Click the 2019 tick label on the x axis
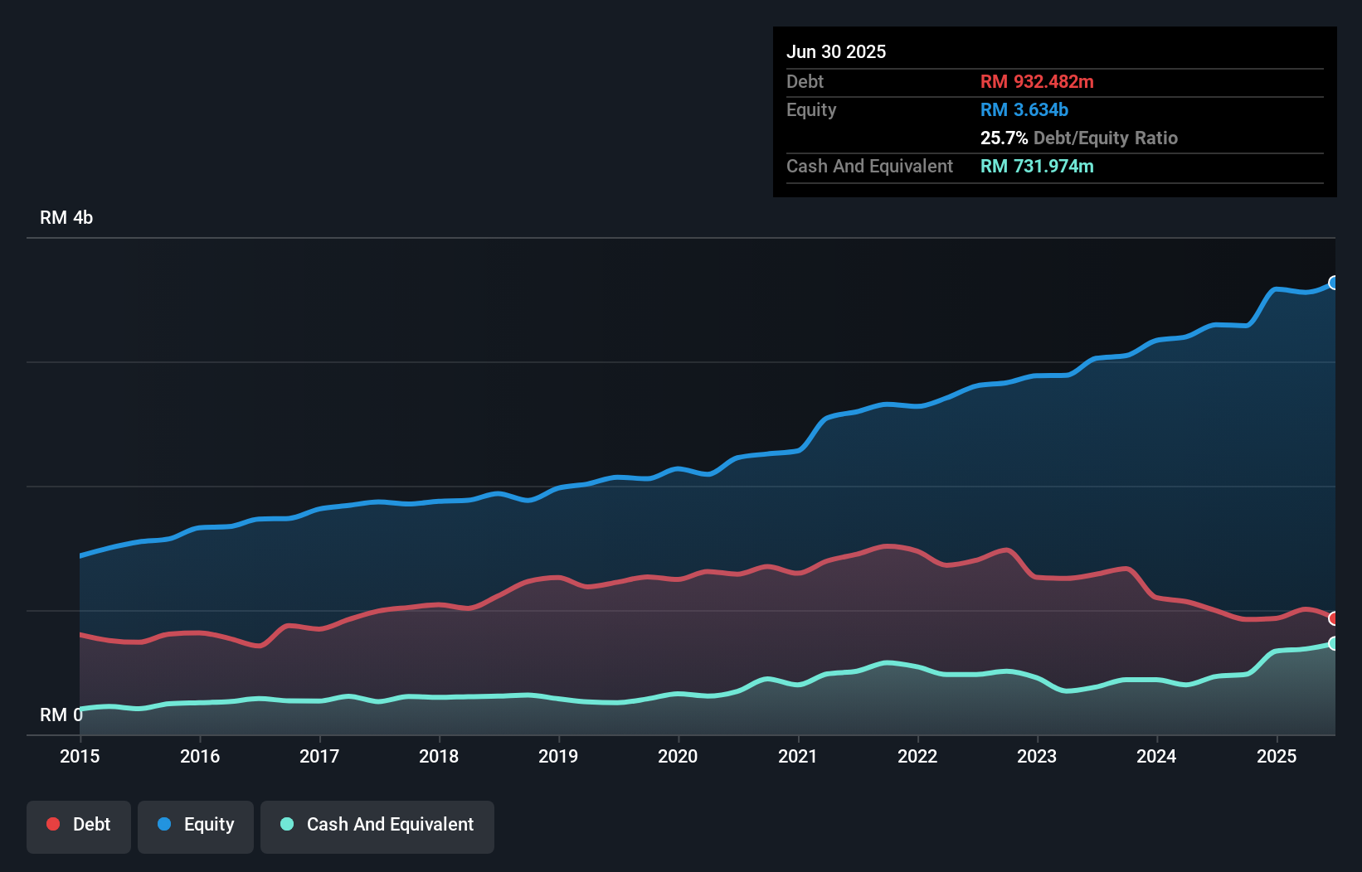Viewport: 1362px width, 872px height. [558, 756]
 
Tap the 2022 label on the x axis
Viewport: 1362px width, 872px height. [917, 756]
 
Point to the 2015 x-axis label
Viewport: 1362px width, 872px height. [80, 756]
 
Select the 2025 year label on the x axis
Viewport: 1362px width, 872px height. [1277, 756]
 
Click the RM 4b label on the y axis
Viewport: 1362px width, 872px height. [66, 218]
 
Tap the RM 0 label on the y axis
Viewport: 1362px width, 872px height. [61, 715]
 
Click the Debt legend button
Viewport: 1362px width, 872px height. [79, 825]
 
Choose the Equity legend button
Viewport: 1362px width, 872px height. [196, 825]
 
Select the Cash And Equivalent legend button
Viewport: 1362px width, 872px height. [377, 825]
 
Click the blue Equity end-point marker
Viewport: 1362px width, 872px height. [1334, 283]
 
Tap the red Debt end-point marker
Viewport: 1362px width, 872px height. [1334, 618]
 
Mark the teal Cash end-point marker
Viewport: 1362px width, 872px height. [1334, 643]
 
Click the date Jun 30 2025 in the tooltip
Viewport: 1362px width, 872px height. [836, 52]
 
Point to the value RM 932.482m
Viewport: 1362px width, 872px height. [1037, 82]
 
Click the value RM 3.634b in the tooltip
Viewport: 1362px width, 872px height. [1024, 110]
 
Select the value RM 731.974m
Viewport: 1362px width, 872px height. [1037, 167]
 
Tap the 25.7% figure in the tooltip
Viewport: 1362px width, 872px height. [1004, 138]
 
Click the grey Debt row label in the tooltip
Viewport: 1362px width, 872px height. [805, 82]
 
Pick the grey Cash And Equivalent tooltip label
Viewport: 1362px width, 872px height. [869, 167]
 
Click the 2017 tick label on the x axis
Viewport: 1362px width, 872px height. [319, 756]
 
